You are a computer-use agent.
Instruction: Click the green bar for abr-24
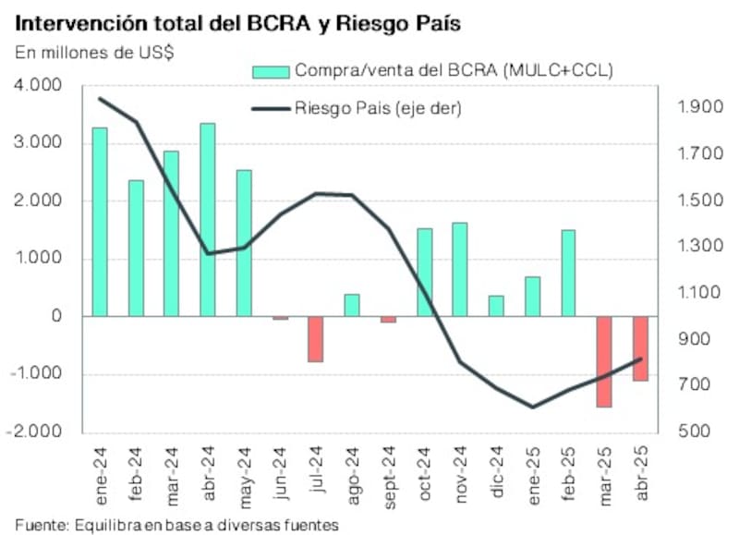point(208,220)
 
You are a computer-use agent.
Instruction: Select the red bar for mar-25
point(605,361)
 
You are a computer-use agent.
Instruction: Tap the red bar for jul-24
point(316,338)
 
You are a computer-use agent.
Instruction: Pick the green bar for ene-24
point(100,222)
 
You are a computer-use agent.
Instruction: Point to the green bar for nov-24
point(460,269)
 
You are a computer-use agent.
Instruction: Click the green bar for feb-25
point(568,273)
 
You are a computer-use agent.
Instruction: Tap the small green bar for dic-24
point(496,306)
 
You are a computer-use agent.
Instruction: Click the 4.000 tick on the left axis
point(37,85)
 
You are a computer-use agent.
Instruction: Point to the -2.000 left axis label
point(35,432)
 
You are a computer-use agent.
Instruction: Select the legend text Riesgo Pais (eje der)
point(378,108)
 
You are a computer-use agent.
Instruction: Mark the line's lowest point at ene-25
point(532,407)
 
